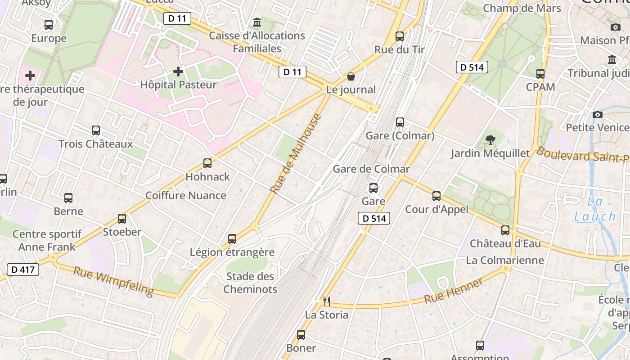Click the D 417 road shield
pyautogui.click(x=23, y=270)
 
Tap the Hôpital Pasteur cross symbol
pyautogui.click(x=178, y=72)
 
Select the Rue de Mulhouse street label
pyautogui.click(x=296, y=154)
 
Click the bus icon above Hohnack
pyautogui.click(x=207, y=163)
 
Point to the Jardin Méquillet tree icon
pyautogui.click(x=490, y=140)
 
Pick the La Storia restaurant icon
pyautogui.click(x=327, y=301)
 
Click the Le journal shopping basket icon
pyautogui.click(x=351, y=76)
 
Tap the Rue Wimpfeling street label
pyautogui.click(x=113, y=281)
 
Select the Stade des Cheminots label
pyautogui.click(x=250, y=283)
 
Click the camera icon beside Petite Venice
pyautogui.click(x=598, y=115)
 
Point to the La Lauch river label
pyautogui.click(x=595, y=209)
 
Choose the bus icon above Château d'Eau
pyautogui.click(x=505, y=230)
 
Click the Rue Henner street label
pyautogui.click(x=454, y=290)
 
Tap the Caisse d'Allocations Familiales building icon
pyautogui.click(x=257, y=22)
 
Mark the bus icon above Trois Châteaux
pyautogui.click(x=96, y=130)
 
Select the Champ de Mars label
pyautogui.click(x=522, y=8)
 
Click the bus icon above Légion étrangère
pyautogui.click(x=232, y=239)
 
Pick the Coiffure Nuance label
pyautogui.click(x=186, y=195)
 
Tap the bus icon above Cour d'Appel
pyautogui.click(x=436, y=196)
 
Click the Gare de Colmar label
pyautogui.click(x=371, y=169)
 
